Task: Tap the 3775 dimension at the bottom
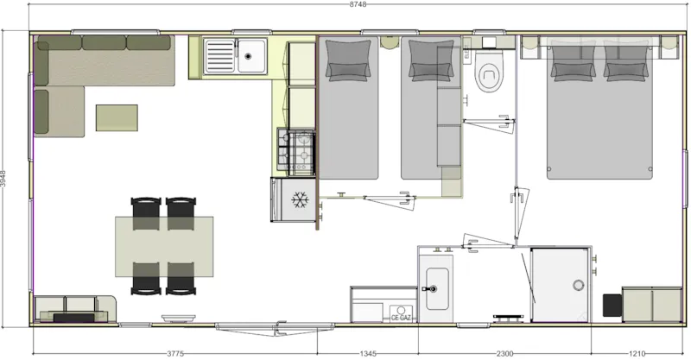[x=175, y=352]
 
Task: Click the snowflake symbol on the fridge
[x=300, y=200]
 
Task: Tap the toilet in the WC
[x=490, y=76]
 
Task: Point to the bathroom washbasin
[x=435, y=280]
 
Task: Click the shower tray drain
[x=576, y=284]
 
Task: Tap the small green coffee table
[x=117, y=117]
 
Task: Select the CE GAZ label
[x=401, y=318]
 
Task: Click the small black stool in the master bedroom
[x=612, y=305]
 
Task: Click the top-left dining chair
[x=145, y=209]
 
